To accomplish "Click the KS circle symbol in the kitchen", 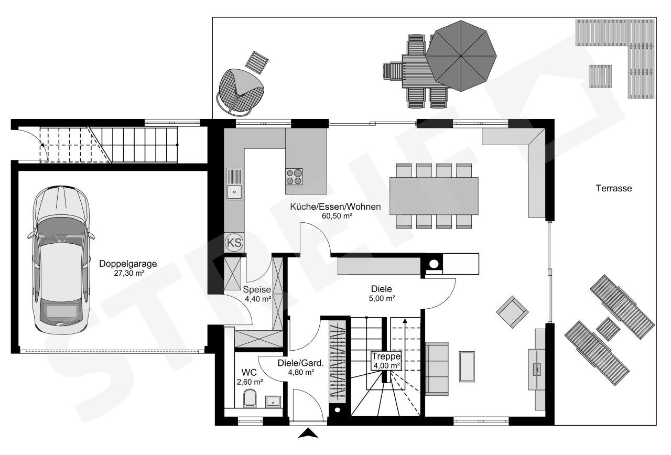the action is point(234,242).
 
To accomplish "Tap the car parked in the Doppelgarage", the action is point(62,260).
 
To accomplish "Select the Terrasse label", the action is point(614,188).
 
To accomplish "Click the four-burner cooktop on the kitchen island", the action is point(294,177).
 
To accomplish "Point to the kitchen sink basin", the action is point(234,192).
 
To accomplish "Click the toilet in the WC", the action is point(250,398).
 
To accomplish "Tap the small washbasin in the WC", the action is point(273,401).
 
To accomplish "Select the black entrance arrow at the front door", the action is point(308,433).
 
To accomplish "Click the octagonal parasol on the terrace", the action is point(461,56).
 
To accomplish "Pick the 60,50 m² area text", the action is point(337,215).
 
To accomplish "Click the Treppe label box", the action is point(386,361).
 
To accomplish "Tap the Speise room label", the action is point(257,290).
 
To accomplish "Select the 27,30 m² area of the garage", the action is point(129,273).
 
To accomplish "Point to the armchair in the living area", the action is point(512,312).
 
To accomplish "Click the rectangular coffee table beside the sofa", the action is point(467,366).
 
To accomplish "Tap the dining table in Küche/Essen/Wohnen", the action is point(434,196).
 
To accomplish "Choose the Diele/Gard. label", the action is point(301,363).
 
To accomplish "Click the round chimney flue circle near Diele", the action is point(434,264).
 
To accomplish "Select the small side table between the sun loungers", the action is point(608,329).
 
